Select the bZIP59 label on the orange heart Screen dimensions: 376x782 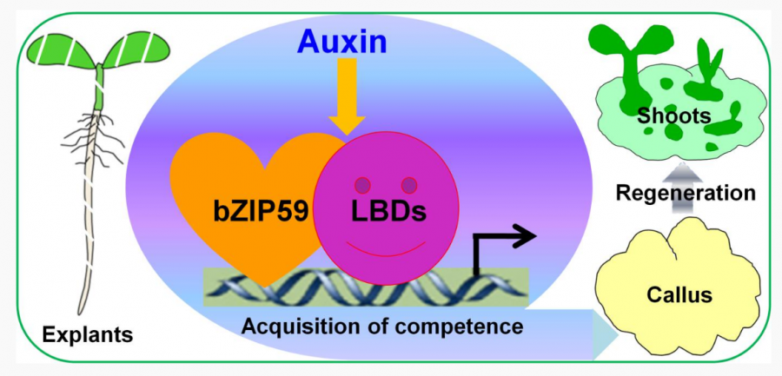(x=262, y=210)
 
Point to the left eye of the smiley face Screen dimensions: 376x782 (x=362, y=185)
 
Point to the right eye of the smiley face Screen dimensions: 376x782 (x=408, y=184)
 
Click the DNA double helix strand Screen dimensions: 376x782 (x=348, y=287)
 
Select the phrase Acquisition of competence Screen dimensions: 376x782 (x=382, y=327)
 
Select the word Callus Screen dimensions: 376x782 (x=679, y=294)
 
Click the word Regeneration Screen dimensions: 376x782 (x=686, y=193)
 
